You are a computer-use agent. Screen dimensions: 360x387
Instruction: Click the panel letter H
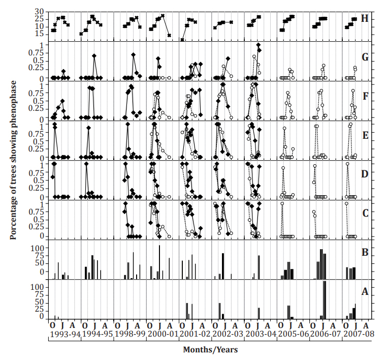[x=364, y=19]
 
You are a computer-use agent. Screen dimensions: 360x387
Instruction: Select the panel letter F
[x=364, y=95]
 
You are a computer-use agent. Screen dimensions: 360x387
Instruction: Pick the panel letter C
[x=364, y=213]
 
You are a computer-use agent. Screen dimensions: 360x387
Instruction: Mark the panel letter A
[x=364, y=292]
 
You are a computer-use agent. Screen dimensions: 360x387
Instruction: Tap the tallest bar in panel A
[x=325, y=300]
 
